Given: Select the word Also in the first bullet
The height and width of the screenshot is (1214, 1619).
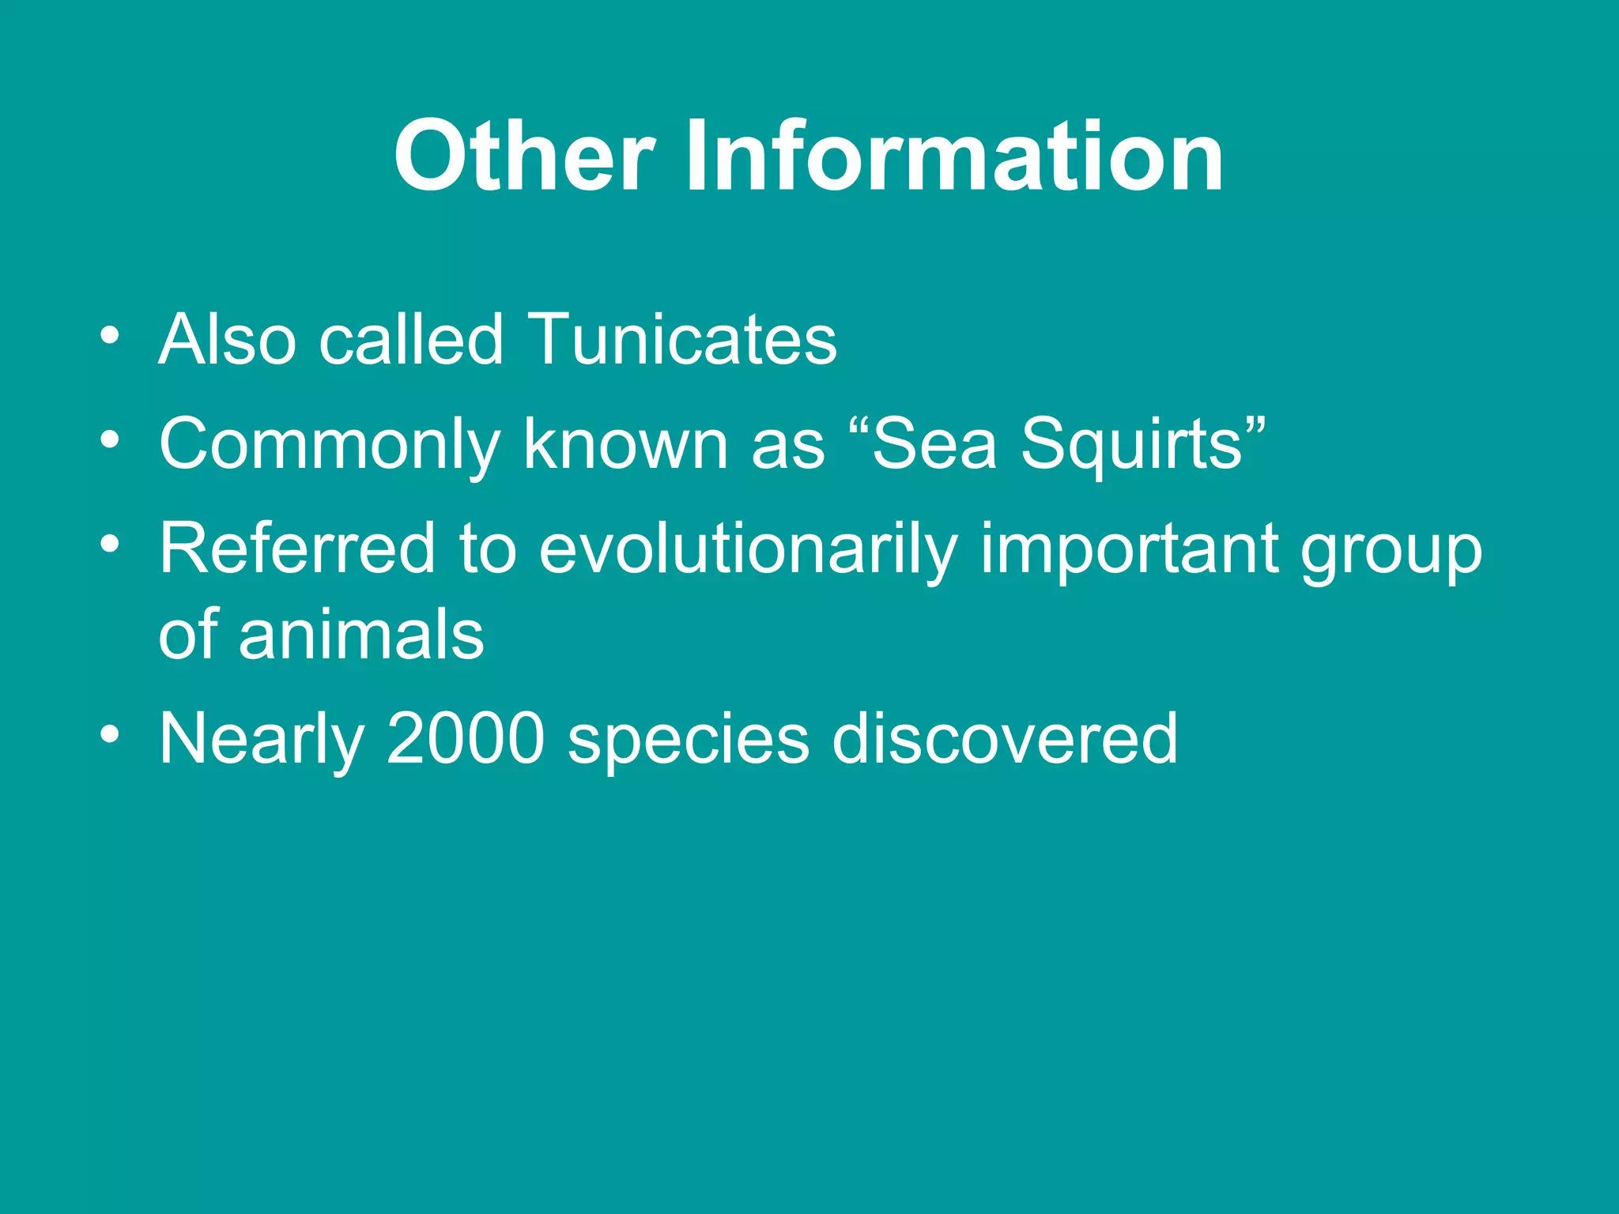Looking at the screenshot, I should (228, 340).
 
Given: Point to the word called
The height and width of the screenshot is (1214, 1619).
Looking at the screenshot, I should (411, 340).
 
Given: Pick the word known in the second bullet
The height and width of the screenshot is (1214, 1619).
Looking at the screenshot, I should (625, 444).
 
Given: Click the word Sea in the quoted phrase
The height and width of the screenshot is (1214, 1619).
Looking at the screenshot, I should (934, 444).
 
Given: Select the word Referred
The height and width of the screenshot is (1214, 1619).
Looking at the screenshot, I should (297, 549).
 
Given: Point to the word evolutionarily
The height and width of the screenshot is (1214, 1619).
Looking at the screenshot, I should (748, 550).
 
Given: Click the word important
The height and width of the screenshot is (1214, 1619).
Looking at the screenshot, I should (1130, 550).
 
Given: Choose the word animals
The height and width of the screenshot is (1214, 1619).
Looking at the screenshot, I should (361, 634).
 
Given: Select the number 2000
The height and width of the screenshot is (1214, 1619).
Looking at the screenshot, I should (466, 738).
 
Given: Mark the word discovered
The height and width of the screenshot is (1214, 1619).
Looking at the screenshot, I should (1005, 738).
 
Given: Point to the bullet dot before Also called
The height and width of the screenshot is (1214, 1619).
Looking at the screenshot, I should (111, 336).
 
